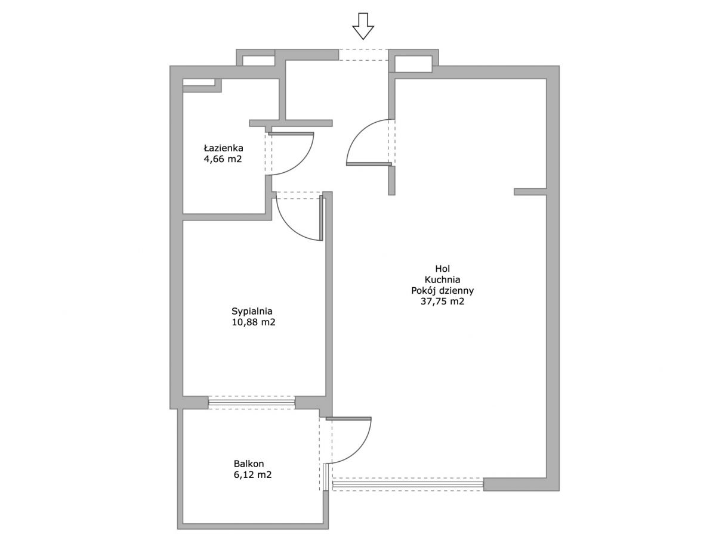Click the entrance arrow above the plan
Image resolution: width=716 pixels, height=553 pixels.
click(x=363, y=26)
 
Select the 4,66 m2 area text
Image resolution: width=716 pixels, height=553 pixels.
click(x=223, y=159)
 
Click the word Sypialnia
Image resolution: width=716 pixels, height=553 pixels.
click(x=252, y=311)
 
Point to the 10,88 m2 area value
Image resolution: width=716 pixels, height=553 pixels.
click(x=254, y=322)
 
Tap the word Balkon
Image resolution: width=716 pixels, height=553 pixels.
click(x=249, y=464)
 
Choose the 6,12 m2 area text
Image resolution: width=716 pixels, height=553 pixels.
click(x=253, y=475)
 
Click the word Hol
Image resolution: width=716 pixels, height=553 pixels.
click(x=443, y=268)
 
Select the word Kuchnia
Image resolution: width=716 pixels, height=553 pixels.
click(x=442, y=279)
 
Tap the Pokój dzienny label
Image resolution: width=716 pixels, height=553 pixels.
click(x=443, y=291)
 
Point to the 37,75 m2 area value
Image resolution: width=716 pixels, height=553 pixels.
click(x=442, y=302)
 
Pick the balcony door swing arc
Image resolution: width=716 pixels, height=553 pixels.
click(x=359, y=451)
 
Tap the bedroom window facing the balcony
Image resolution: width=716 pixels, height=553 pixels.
click(x=251, y=402)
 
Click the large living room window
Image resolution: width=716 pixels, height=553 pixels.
click(x=408, y=484)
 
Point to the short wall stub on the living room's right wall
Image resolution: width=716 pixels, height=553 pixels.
click(x=530, y=192)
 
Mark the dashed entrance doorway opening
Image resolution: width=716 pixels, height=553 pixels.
click(x=363, y=55)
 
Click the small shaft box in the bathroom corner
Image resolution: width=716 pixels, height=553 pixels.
click(x=202, y=85)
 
